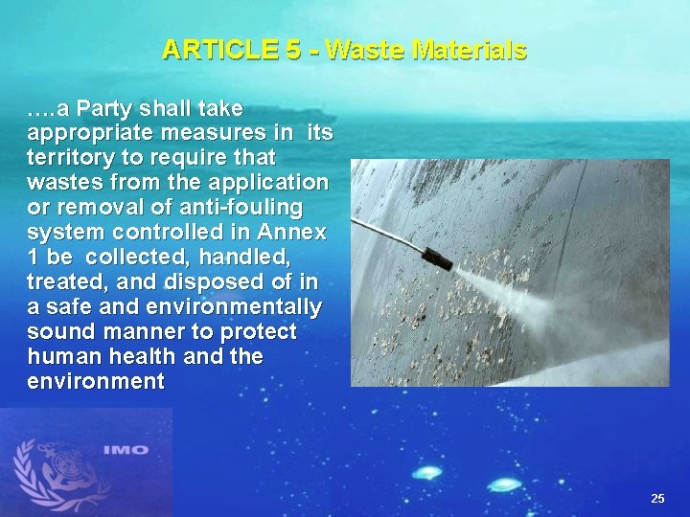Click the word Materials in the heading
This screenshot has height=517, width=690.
[x=470, y=49]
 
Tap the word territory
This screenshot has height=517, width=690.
[x=72, y=157]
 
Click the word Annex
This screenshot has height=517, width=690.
[x=292, y=232]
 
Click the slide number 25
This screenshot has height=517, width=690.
[x=657, y=498]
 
